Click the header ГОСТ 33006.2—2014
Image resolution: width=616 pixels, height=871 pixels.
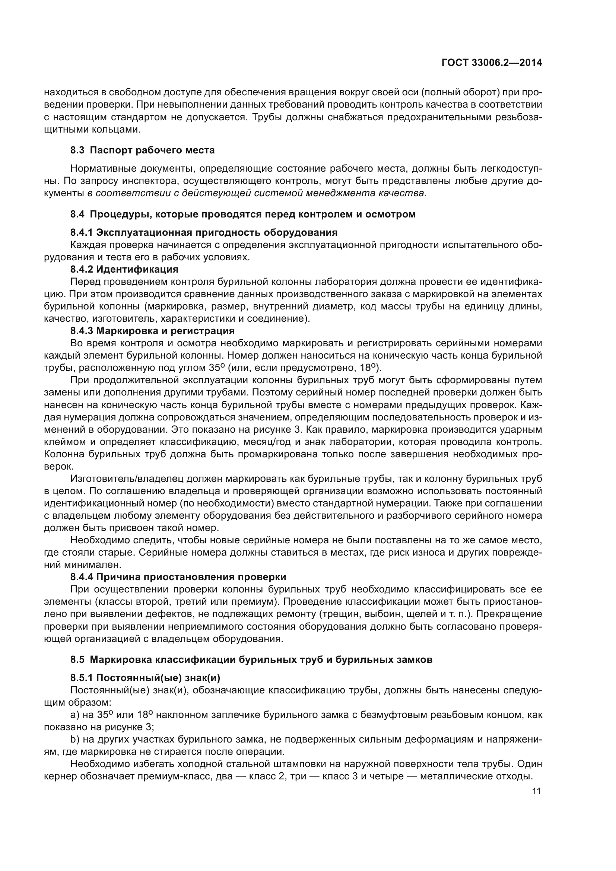(x=492, y=63)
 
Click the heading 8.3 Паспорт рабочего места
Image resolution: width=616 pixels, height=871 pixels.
(x=143, y=150)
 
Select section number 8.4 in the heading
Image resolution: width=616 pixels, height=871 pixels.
(x=77, y=214)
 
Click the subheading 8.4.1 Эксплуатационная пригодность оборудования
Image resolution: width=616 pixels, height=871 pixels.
(x=204, y=232)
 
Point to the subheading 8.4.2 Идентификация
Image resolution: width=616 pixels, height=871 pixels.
(x=124, y=269)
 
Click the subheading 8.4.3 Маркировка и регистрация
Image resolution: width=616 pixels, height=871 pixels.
(x=152, y=331)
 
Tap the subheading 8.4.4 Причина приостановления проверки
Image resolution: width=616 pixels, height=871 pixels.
(x=178, y=577)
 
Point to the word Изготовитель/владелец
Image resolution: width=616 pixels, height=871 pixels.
(x=130, y=479)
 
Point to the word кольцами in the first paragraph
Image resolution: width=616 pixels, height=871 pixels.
(x=116, y=130)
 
